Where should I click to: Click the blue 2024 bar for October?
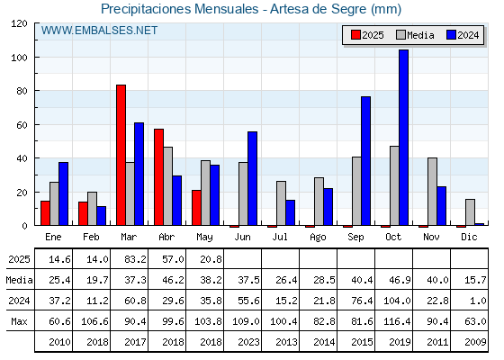(404, 138)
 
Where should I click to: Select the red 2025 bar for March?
(121, 155)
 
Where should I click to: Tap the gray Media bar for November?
(432, 192)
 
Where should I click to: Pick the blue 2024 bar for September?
(365, 161)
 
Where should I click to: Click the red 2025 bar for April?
(158, 177)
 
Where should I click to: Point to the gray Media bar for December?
(470, 212)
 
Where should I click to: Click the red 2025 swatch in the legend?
(355, 35)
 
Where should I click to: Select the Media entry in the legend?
(415, 35)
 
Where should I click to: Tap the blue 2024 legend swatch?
(451, 35)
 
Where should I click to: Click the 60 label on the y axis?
(22, 125)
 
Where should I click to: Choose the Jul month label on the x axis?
(280, 237)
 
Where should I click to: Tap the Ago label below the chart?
(318, 238)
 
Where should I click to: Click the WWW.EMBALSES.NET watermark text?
(99, 31)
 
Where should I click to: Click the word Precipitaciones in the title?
(146, 9)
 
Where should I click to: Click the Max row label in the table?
(19, 321)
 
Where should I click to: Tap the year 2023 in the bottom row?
(248, 342)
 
